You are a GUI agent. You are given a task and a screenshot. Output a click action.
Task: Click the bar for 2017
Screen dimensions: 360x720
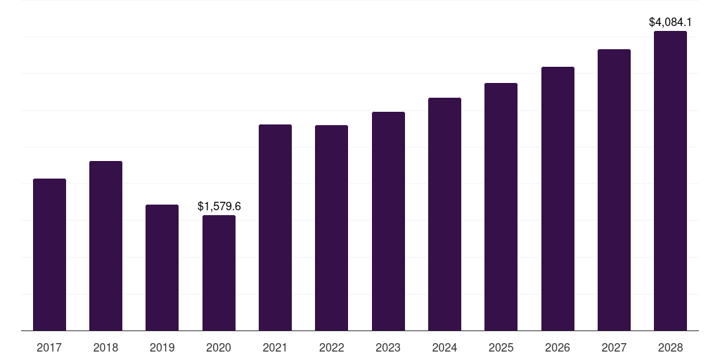pyautogui.click(x=49, y=255)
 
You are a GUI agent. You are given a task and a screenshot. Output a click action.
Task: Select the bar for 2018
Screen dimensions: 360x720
pyautogui.click(x=105, y=245)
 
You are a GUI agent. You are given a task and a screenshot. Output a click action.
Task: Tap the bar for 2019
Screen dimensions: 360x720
pyautogui.click(x=162, y=267)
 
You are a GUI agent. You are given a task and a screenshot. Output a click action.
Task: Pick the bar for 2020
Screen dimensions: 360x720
pyautogui.click(x=219, y=273)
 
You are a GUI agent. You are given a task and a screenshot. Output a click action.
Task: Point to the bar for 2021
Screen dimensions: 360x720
pyautogui.click(x=275, y=227)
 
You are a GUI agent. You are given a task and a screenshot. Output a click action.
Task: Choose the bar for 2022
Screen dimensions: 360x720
pyautogui.click(x=331, y=228)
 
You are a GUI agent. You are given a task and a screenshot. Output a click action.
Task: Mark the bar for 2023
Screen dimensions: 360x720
pyautogui.click(x=388, y=221)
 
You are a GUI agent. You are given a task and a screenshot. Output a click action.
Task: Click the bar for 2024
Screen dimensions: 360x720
pyautogui.click(x=444, y=214)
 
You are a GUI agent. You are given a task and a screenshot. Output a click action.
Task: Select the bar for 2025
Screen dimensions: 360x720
pyautogui.click(x=501, y=207)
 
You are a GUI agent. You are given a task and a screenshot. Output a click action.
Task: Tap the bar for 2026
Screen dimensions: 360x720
pyautogui.click(x=558, y=198)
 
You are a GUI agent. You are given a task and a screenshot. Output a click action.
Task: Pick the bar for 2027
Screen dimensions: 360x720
pyautogui.click(x=614, y=190)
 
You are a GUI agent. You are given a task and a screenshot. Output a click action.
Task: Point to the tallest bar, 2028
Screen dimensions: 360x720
pyautogui.click(x=670, y=181)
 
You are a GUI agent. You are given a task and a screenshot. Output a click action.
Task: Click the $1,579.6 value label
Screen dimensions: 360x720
pyautogui.click(x=219, y=206)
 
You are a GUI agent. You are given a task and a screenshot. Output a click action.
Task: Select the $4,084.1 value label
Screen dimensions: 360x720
pyautogui.click(x=670, y=22)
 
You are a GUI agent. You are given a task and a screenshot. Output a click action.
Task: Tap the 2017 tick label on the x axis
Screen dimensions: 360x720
pyautogui.click(x=49, y=347)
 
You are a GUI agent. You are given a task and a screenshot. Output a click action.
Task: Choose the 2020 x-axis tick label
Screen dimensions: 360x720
pyautogui.click(x=219, y=347)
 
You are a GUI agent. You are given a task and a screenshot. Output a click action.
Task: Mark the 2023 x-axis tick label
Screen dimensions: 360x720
pyautogui.click(x=388, y=347)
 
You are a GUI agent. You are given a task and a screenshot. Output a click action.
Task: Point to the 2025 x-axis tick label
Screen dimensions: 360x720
pyautogui.click(x=501, y=347)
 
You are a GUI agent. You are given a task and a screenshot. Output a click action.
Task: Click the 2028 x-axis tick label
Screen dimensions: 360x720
pyautogui.click(x=670, y=347)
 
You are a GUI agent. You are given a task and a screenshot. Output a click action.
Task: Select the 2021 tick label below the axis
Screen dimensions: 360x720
pyautogui.click(x=275, y=347)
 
